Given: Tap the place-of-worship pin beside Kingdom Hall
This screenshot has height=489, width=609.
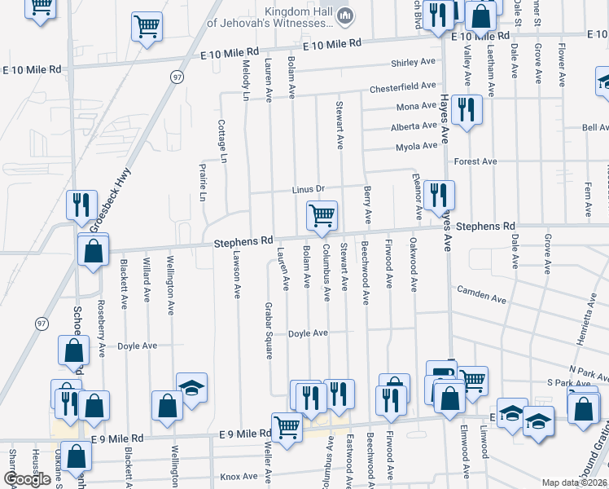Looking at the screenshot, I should tap(345, 15).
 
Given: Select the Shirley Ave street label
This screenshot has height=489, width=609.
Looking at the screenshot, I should tap(414, 63).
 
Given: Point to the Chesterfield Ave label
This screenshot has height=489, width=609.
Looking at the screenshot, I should tap(403, 86).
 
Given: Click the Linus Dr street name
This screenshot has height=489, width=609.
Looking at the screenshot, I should tap(309, 189).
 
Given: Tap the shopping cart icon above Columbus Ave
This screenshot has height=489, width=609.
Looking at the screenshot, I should tap(322, 216).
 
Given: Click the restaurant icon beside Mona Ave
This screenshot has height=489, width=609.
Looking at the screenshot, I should tap(466, 110).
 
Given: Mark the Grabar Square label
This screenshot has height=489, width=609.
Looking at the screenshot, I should tap(268, 331).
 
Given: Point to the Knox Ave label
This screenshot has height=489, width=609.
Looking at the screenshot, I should tap(239, 476).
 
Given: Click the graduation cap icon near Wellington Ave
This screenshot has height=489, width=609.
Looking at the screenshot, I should tap(192, 388).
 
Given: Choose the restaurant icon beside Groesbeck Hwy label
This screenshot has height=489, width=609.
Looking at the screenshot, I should tap(80, 205).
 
